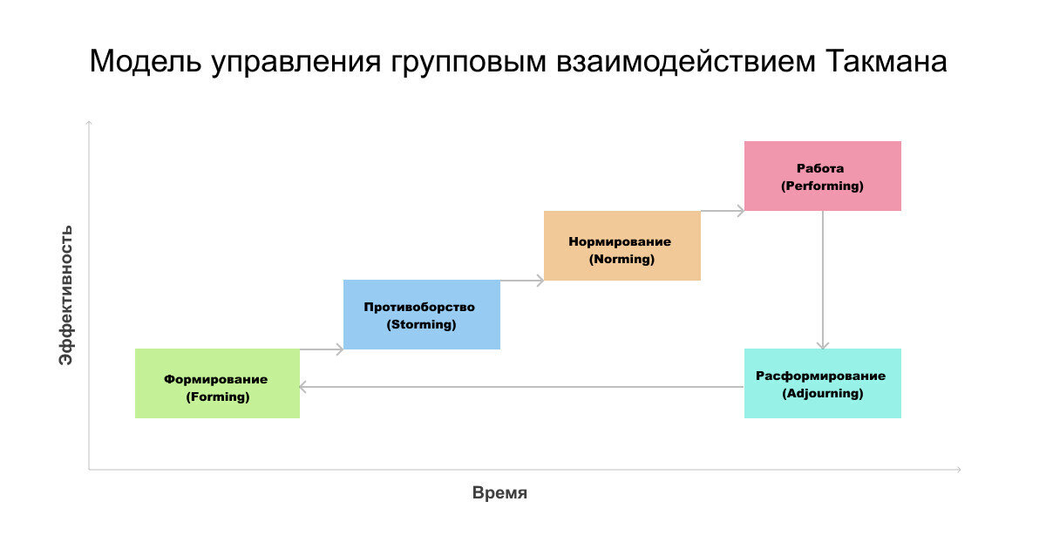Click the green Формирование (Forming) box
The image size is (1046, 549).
click(217, 383)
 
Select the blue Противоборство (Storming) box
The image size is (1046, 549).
click(422, 315)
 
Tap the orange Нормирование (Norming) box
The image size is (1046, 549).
click(621, 246)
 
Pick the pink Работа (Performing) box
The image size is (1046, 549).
click(822, 176)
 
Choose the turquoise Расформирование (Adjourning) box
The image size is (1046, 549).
click(822, 383)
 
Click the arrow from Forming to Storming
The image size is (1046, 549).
click(322, 349)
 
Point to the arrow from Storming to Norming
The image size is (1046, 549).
click(522, 281)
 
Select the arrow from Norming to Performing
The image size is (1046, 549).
click(723, 210)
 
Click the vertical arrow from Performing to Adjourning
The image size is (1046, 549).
click(823, 279)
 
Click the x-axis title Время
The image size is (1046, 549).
click(499, 492)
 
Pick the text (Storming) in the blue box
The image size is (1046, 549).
click(422, 324)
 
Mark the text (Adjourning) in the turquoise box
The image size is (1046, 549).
click(822, 393)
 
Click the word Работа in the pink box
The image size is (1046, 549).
click(820, 168)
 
